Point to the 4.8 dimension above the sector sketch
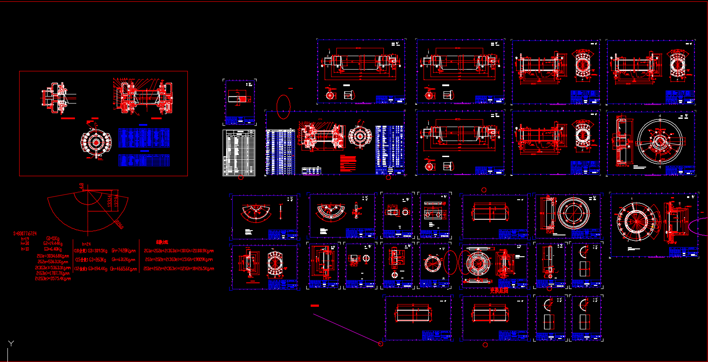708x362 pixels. tap(81, 186)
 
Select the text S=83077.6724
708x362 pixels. tap(25, 234)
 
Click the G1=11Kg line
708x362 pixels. tap(53, 238)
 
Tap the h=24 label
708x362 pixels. tap(86, 245)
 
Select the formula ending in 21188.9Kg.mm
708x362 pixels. tap(179, 251)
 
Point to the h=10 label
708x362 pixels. tap(25, 249)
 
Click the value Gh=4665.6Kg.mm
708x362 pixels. tap(124, 269)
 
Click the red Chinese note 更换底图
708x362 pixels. tap(499, 290)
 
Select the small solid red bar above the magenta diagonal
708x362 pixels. tap(315, 306)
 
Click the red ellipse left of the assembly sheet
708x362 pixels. tap(283, 107)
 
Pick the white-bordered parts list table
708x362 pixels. tap(239, 153)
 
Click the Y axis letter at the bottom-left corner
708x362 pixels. tap(11, 344)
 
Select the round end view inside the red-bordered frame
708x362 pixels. tap(96, 142)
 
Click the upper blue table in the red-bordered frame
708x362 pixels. tap(144, 138)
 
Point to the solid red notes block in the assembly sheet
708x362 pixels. tap(348, 164)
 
